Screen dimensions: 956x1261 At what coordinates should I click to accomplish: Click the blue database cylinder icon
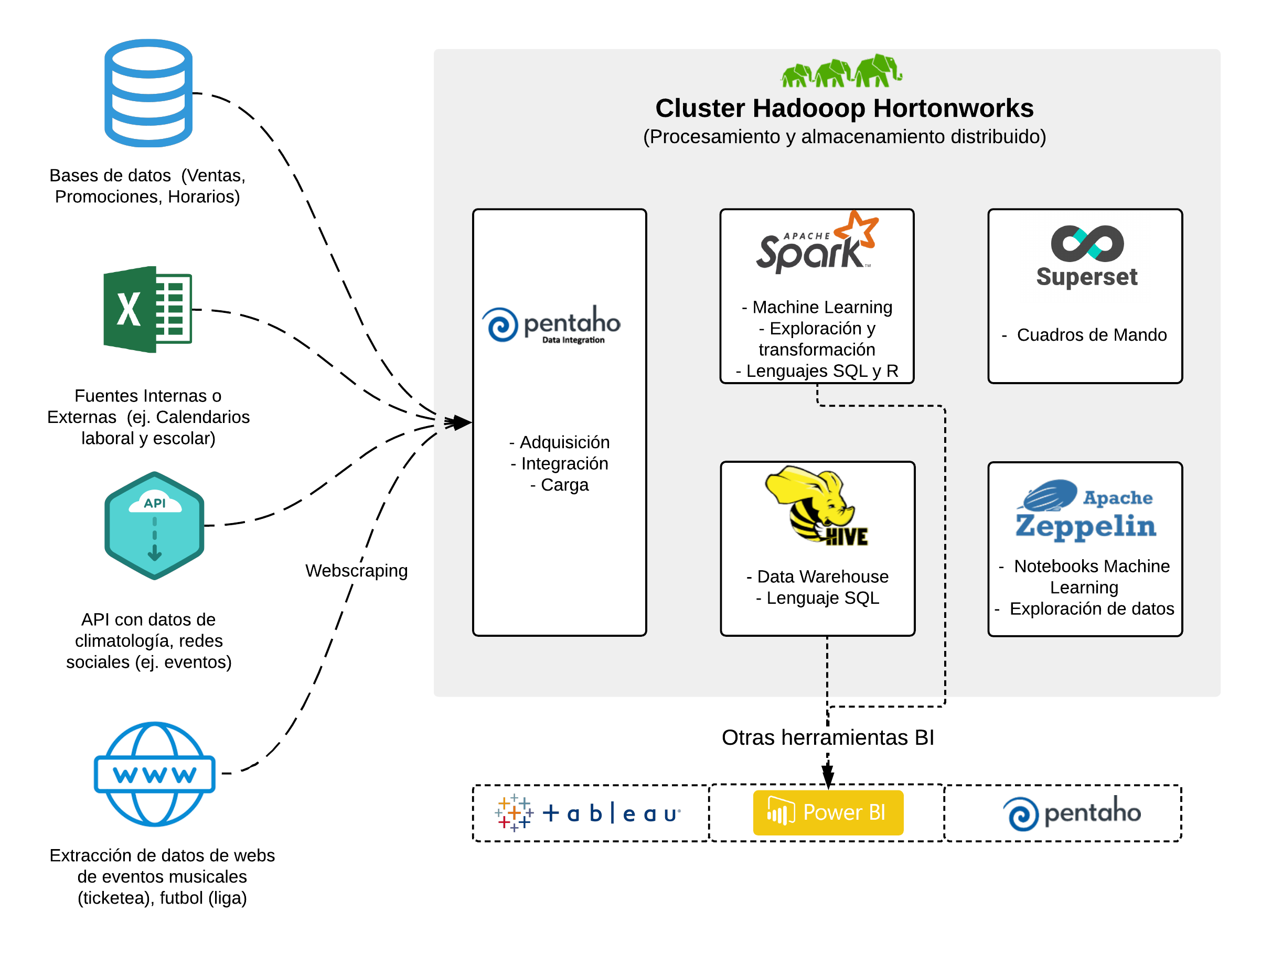pos(148,93)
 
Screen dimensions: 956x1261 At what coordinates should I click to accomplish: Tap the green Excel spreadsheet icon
pos(147,309)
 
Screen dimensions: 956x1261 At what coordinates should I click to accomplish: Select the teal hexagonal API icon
pos(155,525)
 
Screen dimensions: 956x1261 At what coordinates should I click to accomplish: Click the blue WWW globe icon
pos(155,774)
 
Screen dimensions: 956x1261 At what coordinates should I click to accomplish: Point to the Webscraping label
pos(356,570)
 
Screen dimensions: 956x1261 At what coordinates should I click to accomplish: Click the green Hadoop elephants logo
pos(841,71)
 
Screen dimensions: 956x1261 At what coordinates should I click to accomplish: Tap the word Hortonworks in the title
pos(953,108)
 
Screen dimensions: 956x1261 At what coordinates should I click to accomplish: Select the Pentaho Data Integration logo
pos(551,325)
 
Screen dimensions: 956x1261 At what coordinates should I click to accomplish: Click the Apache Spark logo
pos(816,243)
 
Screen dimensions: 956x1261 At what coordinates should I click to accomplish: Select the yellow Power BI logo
pos(828,812)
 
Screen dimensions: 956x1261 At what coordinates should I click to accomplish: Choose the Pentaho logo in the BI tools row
pos(1072,813)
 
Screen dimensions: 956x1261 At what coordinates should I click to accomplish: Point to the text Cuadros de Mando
pos(1091,334)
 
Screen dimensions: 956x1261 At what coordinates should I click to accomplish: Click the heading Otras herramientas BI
pos(828,737)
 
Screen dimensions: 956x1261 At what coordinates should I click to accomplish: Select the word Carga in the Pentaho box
pos(564,485)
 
